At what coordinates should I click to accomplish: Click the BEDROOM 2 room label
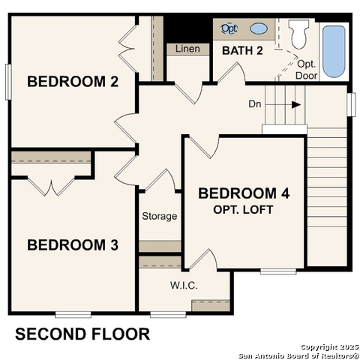pyautogui.click(x=73, y=82)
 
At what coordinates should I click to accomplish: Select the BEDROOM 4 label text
pyautogui.click(x=244, y=193)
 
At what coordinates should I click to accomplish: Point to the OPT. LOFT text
pyautogui.click(x=244, y=209)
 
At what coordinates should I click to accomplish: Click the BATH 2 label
pyautogui.click(x=242, y=50)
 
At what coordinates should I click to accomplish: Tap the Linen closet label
pyautogui.click(x=187, y=49)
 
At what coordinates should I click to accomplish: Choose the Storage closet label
pyautogui.click(x=160, y=216)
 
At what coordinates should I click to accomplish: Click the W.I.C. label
pyautogui.click(x=183, y=285)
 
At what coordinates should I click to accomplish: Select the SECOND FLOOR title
pyautogui.click(x=82, y=334)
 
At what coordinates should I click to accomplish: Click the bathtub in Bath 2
pyautogui.click(x=334, y=51)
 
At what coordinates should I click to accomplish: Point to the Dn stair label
pyautogui.click(x=255, y=104)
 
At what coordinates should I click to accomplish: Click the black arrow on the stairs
pyautogui.click(x=296, y=104)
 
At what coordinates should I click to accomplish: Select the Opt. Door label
pyautogui.click(x=307, y=70)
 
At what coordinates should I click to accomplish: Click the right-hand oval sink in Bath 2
pyautogui.click(x=258, y=28)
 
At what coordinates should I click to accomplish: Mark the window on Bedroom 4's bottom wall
pyautogui.click(x=274, y=271)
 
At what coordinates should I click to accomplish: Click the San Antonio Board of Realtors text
pyautogui.click(x=298, y=355)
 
